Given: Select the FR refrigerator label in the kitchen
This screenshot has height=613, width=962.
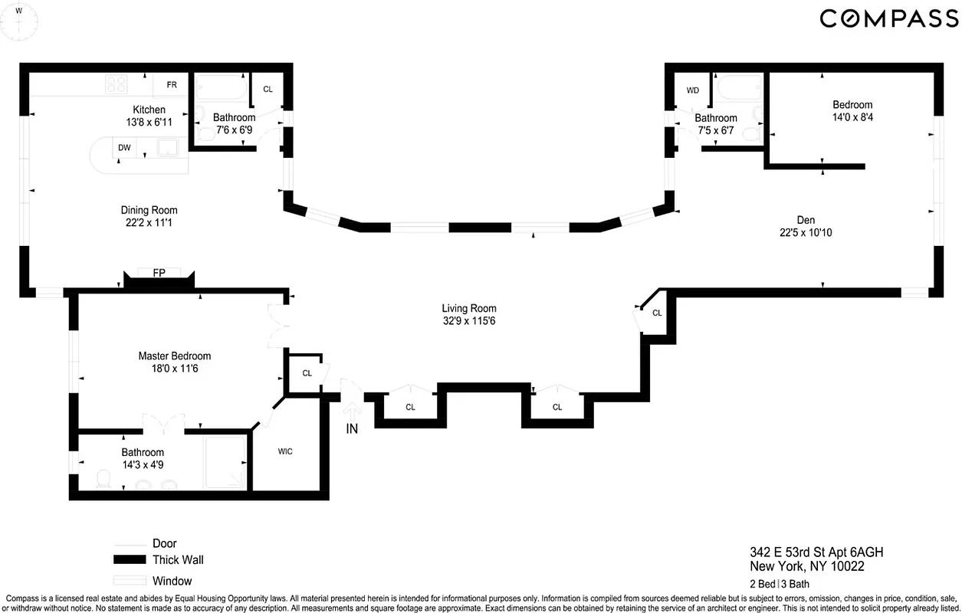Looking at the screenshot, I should tap(172, 84).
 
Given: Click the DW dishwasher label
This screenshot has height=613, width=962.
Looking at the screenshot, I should tap(124, 147).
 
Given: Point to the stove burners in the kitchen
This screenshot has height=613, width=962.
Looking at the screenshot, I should tap(116, 84).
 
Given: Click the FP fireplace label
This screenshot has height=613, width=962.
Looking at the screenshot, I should tap(159, 273).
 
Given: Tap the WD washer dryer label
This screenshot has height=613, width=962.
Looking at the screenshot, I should tap(693, 90).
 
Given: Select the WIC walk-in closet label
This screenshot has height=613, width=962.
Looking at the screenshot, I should tap(285, 451).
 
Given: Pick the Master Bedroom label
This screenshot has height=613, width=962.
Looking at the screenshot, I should tap(174, 356).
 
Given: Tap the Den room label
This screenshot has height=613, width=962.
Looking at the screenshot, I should tap(806, 220).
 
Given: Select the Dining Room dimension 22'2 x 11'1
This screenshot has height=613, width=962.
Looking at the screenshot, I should tap(149, 223).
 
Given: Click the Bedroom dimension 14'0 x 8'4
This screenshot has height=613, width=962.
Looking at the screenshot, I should tap(852, 118).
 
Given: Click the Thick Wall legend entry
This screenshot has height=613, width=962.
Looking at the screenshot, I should tap(178, 559).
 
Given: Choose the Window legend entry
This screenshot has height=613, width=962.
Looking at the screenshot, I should tap(172, 581).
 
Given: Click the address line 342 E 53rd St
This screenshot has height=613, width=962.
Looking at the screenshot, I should tap(810, 552).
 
